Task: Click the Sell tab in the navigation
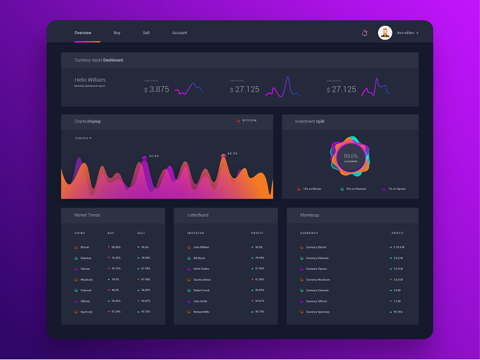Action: click(146, 33)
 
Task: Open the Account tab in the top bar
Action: click(179, 33)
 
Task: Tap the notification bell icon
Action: click(364, 33)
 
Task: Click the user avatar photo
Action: click(385, 33)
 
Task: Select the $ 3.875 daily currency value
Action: click(157, 89)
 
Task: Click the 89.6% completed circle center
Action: click(350, 158)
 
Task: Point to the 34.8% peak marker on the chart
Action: click(144, 157)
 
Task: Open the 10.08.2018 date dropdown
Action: click(83, 138)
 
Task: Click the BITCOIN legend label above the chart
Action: click(249, 121)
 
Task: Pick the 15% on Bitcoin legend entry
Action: click(312, 189)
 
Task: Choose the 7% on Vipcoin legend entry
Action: click(397, 189)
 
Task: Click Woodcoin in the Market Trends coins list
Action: click(86, 280)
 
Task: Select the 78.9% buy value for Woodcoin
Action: click(115, 280)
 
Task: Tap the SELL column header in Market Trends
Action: click(141, 233)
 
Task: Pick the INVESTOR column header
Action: click(196, 233)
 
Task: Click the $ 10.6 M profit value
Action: click(399, 247)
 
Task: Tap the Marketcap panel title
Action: click(310, 215)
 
